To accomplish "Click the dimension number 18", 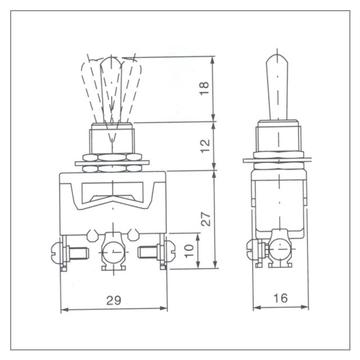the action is (x=204, y=88).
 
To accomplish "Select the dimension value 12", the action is (x=205, y=146).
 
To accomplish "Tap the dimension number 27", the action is (x=205, y=219).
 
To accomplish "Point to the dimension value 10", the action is (x=189, y=251).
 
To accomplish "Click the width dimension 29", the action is (x=114, y=300).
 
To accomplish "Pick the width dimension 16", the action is (x=280, y=298).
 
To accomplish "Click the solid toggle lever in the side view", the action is (x=277, y=87).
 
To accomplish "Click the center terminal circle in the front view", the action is (x=113, y=251).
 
